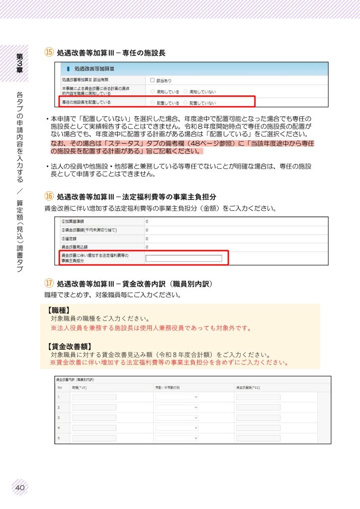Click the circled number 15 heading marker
[49, 52]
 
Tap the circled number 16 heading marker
[49, 197]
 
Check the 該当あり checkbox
[153, 80]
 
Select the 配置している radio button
[153, 103]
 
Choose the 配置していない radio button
[185, 103]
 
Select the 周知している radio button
[153, 91]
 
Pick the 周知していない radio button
[185, 91]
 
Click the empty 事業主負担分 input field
[183, 258]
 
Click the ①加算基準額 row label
[72, 221]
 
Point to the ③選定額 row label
[69, 238]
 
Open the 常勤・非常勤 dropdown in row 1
[177, 397]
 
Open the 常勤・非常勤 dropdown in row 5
[177, 438]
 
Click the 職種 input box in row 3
[94, 418]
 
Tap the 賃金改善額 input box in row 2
[258, 407]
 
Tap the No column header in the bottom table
[59, 387]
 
